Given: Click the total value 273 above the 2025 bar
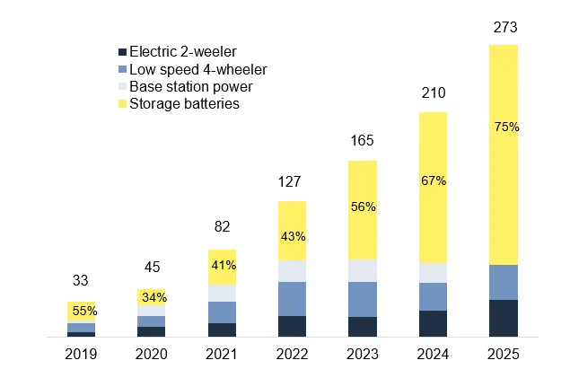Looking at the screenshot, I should [x=504, y=28].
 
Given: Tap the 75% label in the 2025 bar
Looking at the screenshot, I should [x=505, y=127].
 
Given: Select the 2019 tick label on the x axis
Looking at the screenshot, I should [x=81, y=354].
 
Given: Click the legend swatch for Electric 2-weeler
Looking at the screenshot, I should [x=122, y=52].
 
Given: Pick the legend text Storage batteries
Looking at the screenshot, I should [x=184, y=104].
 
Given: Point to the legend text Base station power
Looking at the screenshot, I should [x=190, y=87].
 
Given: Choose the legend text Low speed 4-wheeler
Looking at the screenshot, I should [x=197, y=70].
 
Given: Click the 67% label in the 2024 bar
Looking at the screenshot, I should [x=434, y=180].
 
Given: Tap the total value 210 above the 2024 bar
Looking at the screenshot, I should [x=434, y=94].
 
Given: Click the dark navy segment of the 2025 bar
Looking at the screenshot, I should [x=504, y=318].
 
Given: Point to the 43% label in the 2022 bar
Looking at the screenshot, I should [x=293, y=237].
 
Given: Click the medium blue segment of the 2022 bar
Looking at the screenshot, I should [x=293, y=298].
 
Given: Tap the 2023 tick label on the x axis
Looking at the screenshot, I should [x=363, y=354].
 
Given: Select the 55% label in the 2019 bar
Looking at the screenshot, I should [x=84, y=311].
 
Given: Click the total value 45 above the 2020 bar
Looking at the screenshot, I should [x=152, y=267].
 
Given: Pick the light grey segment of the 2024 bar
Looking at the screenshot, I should [x=434, y=273].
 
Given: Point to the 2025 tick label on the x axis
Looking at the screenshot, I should [x=504, y=354].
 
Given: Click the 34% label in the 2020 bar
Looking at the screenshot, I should [x=153, y=297].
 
